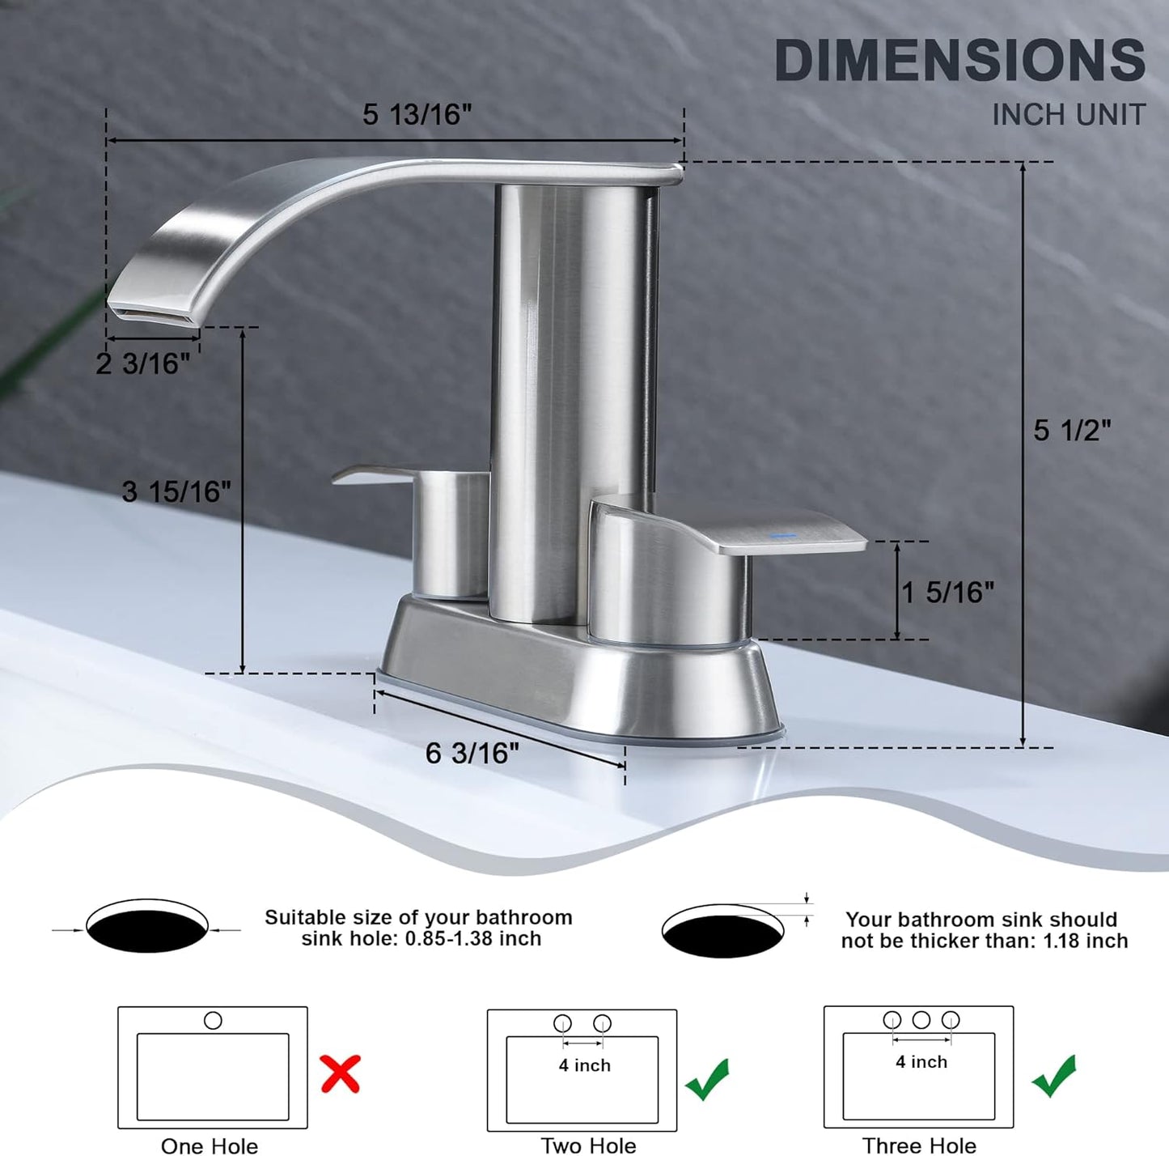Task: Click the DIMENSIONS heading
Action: point(959,61)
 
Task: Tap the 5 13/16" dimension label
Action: point(417,115)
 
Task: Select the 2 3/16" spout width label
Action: point(143,364)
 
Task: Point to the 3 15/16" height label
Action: point(176,491)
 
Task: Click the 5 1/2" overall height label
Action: point(1072,431)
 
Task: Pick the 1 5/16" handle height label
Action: point(947,593)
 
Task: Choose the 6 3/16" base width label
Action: point(472,754)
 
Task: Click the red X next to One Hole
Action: point(341,1073)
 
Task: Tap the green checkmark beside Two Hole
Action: point(707,1078)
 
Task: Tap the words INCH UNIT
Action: point(1069,115)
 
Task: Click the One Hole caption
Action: point(210,1145)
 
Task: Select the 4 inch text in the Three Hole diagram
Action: point(921,1062)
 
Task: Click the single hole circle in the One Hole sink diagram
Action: point(213,1020)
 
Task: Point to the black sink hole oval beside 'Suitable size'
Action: point(147,931)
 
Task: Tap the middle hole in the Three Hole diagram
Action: point(921,1019)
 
